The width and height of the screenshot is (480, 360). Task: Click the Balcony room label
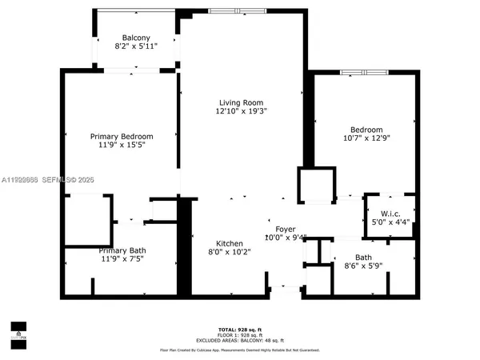tap(135, 38)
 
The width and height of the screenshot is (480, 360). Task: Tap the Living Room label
tap(242, 102)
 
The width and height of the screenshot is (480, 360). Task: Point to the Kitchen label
tap(229, 243)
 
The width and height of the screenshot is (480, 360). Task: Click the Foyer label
tap(286, 228)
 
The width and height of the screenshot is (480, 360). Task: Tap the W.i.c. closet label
tap(390, 213)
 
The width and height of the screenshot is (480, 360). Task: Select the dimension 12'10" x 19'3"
tap(242, 112)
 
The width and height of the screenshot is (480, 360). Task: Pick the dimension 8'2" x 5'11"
tap(135, 47)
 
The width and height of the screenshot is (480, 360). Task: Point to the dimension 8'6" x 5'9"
tap(363, 266)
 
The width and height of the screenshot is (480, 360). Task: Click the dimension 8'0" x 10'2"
tap(229, 253)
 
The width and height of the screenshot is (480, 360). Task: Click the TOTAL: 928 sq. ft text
tap(240, 329)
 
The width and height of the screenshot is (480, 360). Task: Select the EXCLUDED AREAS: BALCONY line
tap(240, 340)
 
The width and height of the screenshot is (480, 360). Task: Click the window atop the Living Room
tap(236, 10)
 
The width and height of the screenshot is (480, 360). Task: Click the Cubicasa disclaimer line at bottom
tap(240, 350)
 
